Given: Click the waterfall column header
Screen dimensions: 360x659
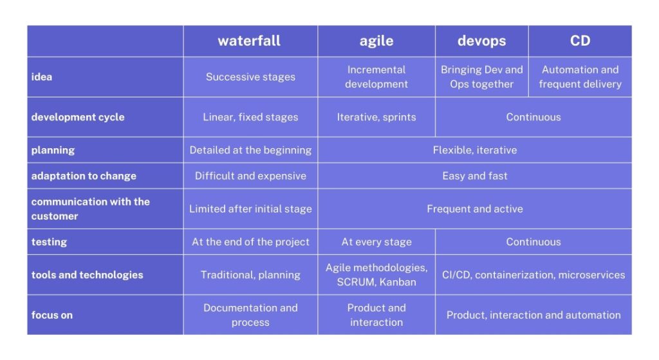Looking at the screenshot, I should pos(249,41).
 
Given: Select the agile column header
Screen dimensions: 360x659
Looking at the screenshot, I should pos(376,41).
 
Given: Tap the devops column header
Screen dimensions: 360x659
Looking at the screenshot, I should pos(481,41).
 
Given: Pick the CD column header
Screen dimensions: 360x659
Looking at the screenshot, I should pos(580,41).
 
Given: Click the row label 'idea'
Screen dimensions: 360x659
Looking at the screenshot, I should pos(42,77).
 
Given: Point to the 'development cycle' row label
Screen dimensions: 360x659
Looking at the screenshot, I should pos(78,117).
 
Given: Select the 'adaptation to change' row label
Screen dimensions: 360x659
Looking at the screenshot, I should pos(84,176).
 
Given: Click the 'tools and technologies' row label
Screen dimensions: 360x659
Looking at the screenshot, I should pos(87,275).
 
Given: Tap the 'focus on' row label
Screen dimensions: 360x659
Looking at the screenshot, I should pos(51,315).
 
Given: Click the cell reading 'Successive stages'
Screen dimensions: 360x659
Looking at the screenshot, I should pos(250,77).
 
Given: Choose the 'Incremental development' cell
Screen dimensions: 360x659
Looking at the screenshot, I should pos(376,77).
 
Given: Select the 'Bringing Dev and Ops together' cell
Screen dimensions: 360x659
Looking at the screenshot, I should pos(481,77).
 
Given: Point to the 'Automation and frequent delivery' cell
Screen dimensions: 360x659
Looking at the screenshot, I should pos(580,77).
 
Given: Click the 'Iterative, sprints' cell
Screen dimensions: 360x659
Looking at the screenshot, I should pos(376,117).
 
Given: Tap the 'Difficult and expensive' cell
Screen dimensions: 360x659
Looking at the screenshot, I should pos(250,176).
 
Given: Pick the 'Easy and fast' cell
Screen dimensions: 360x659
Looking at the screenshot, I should pos(474,176).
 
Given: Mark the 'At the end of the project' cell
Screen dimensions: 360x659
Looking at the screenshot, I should pos(250,242).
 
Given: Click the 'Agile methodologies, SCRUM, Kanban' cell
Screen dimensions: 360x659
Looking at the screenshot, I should pos(376,275).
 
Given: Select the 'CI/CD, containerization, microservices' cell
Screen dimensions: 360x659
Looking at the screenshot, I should pos(533,275).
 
